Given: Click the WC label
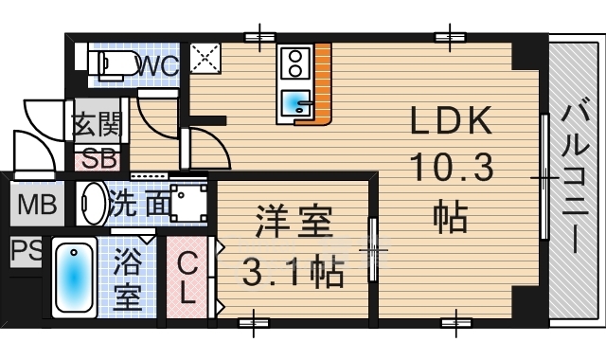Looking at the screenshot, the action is click(x=158, y=65).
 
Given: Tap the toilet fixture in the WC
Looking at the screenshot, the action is click(x=114, y=63).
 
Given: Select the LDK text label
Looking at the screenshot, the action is click(x=451, y=121).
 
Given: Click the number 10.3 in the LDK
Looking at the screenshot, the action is click(x=452, y=167).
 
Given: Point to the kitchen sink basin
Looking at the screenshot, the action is click(x=295, y=102).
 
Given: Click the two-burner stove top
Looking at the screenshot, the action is click(x=295, y=63).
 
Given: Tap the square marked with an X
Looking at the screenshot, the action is click(x=205, y=59).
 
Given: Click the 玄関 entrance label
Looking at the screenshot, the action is click(x=98, y=124).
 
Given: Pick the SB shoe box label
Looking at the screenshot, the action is click(x=99, y=158).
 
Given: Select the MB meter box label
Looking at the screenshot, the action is click(x=37, y=205).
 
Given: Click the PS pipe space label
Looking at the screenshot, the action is click(x=26, y=250).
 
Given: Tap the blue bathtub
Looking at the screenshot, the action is click(x=74, y=278).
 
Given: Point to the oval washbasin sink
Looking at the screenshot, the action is click(x=93, y=204).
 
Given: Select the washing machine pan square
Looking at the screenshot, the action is click(x=187, y=202).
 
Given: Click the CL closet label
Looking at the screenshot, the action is click(x=187, y=279).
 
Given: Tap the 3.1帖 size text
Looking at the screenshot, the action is click(x=293, y=272).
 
